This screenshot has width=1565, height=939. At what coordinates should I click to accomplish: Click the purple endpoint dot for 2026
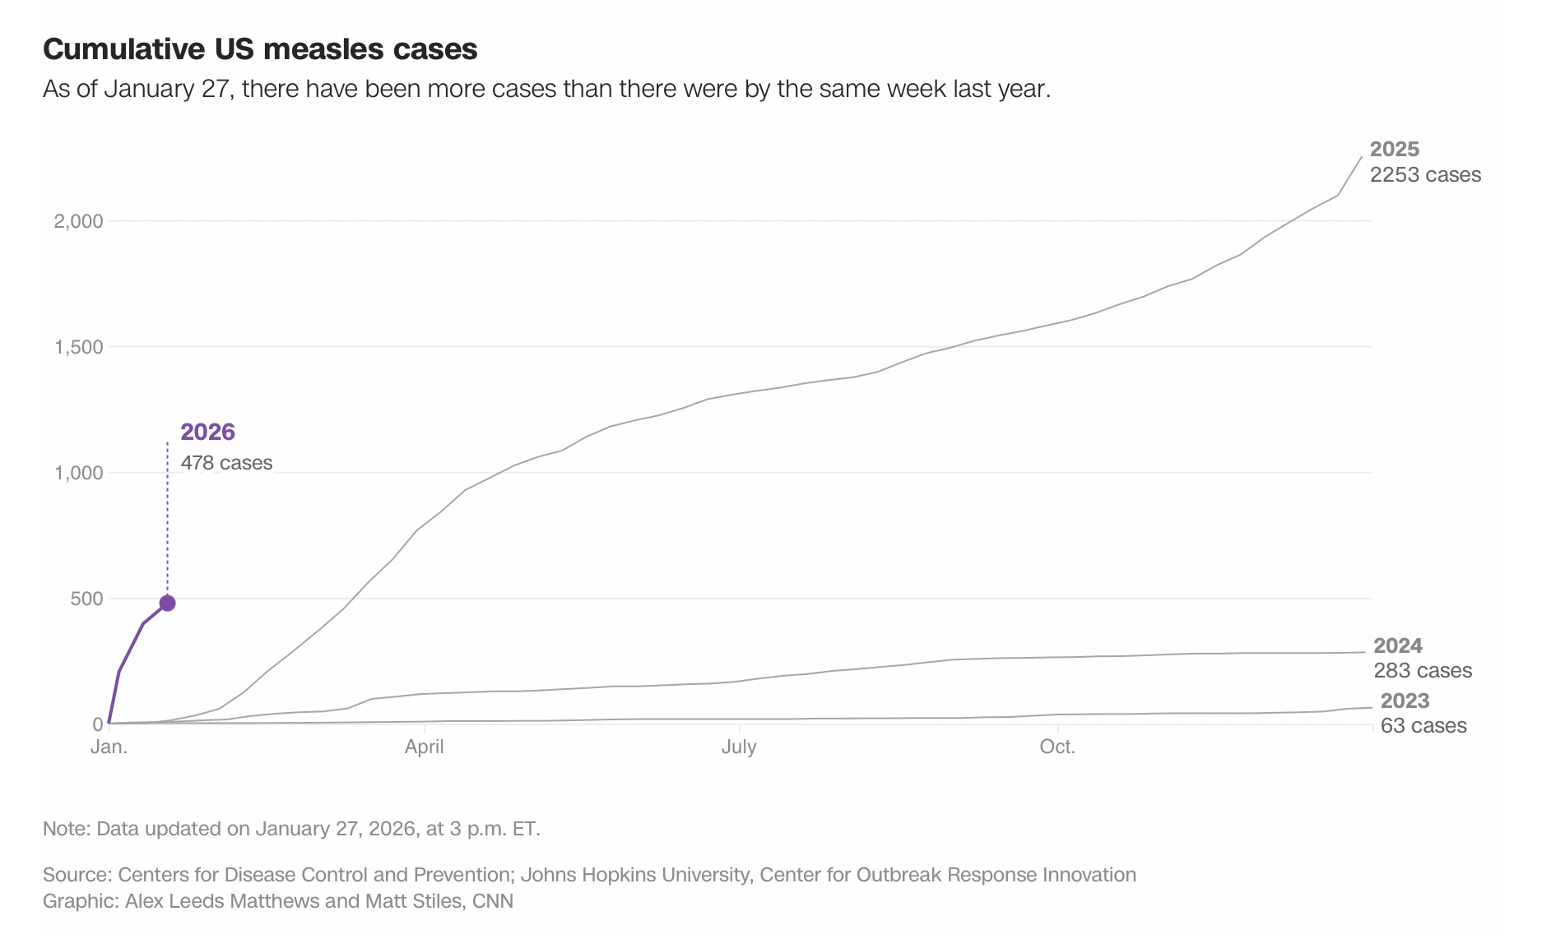tap(167, 604)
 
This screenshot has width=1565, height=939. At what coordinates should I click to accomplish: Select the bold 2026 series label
tap(207, 432)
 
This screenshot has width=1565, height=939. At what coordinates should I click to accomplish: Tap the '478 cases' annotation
tap(226, 463)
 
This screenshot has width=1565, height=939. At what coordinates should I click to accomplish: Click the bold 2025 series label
tap(1395, 149)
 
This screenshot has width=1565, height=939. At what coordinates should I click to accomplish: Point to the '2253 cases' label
tap(1425, 174)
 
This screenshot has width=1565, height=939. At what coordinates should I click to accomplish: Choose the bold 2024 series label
tap(1398, 645)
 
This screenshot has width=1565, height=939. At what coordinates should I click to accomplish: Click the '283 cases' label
tap(1423, 670)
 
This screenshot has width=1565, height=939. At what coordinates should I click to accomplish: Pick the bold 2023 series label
tap(1405, 701)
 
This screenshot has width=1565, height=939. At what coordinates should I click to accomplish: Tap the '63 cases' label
tap(1423, 725)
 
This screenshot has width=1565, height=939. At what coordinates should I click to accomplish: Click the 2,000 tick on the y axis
tap(79, 221)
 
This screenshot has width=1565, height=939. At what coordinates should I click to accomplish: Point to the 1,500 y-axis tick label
tap(79, 347)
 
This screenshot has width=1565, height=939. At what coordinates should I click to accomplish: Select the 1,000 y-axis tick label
tap(79, 473)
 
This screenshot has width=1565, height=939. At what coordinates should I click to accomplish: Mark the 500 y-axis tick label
tap(86, 599)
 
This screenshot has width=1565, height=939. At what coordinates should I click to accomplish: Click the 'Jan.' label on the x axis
tap(109, 747)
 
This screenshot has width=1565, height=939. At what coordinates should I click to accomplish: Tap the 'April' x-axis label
tap(424, 747)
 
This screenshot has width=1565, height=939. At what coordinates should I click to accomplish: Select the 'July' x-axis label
tap(739, 747)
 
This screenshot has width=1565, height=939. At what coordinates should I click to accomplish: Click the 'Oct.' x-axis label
tap(1057, 747)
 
